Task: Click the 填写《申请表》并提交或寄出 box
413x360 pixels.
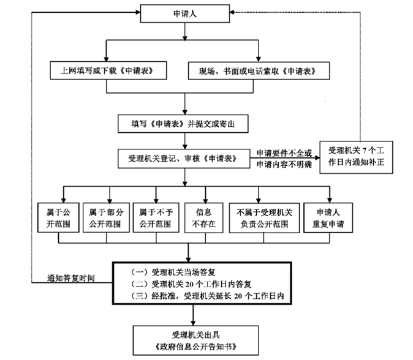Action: [184, 123]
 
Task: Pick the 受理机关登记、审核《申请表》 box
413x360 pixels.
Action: [184, 158]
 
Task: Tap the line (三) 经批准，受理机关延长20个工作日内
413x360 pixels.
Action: [211, 297]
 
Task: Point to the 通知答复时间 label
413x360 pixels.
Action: [72, 277]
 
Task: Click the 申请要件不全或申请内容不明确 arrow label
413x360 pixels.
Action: [284, 158]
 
